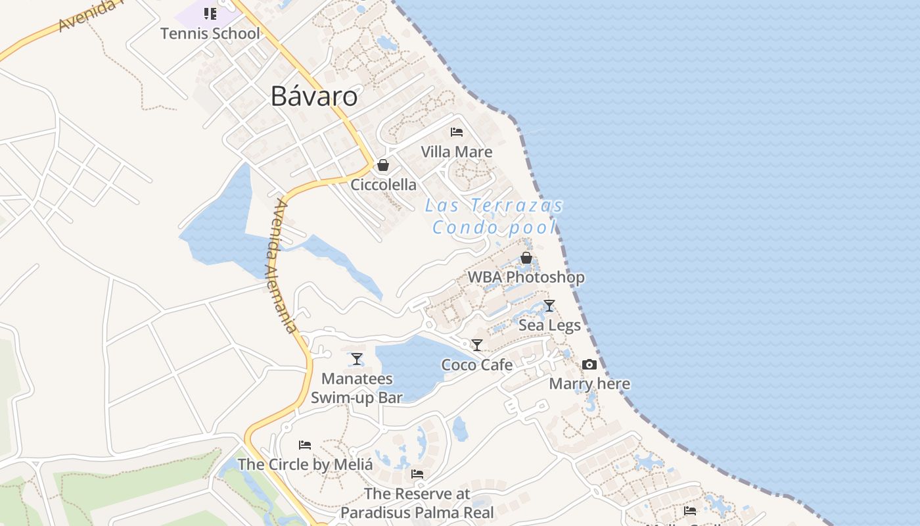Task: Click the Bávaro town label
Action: [x=314, y=97]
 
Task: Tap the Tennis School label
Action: [x=210, y=34]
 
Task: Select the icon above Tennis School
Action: [x=210, y=13]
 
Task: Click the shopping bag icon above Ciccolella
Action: [x=383, y=165]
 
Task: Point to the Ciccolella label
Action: [x=383, y=185]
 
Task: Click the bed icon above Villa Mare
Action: [x=457, y=132]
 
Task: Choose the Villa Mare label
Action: [x=456, y=153]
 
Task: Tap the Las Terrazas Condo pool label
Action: [x=494, y=216]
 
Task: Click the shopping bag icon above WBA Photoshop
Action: [x=526, y=258]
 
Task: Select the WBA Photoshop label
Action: [x=526, y=277]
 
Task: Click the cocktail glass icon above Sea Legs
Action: [x=549, y=306]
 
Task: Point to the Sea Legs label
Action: [x=549, y=325]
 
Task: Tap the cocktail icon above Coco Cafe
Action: [x=477, y=345]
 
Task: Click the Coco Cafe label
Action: [x=477, y=365]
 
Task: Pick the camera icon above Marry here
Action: [x=589, y=364]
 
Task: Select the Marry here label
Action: [x=589, y=384]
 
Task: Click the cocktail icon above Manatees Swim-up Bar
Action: [x=357, y=359]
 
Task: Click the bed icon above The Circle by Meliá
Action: [x=305, y=445]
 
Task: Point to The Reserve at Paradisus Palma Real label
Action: [x=417, y=503]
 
